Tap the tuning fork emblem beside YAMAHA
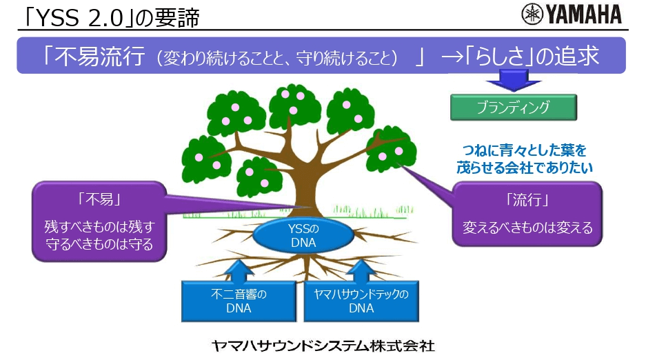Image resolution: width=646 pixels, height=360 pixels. [532, 14]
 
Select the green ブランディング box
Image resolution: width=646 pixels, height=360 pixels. [513, 108]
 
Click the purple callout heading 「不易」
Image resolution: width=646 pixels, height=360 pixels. [99, 201]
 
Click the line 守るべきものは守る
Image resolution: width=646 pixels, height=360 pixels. [99, 243]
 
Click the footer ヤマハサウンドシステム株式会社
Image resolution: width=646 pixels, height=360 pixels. [323, 346]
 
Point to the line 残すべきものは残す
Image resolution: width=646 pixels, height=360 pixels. [99, 226]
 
